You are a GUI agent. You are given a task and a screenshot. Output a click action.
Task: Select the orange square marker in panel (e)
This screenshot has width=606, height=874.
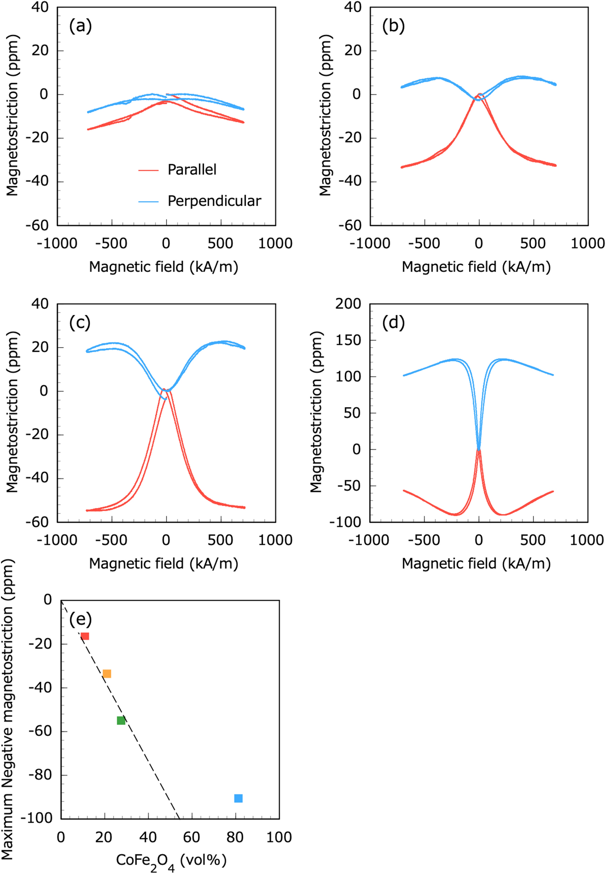pos(107,674)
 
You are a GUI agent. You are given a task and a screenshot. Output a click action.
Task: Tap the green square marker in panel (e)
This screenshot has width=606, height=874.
pos(121,720)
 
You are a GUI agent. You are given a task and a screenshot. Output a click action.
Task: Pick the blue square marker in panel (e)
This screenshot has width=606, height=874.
pos(238,798)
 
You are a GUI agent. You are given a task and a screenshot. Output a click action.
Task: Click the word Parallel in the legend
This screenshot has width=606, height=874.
pos(192,170)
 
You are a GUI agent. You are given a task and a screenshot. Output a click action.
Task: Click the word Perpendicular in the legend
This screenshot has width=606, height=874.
pos(214,201)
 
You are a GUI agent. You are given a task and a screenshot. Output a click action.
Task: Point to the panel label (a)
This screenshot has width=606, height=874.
pos(80,26)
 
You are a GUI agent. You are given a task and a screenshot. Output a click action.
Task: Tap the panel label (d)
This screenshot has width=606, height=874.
pos(393,323)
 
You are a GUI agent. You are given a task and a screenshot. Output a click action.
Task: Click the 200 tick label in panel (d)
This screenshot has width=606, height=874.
pos(348,304)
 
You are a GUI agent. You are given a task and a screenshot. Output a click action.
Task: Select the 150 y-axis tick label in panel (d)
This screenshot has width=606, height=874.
pos(348,340)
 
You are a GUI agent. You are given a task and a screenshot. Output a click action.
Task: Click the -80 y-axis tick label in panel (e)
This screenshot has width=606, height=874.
pos(40,775)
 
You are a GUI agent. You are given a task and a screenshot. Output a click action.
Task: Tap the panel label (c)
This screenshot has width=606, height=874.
pos(80,323)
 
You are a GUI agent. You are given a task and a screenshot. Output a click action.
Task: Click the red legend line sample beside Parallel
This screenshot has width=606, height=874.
pos(148,171)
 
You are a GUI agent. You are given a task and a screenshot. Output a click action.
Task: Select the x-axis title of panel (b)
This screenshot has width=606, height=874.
pos(476,267)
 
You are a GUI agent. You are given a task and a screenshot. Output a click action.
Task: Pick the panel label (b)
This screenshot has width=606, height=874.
pos(393,26)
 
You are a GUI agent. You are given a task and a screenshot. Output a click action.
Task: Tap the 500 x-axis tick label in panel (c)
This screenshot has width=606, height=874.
pos(220,540)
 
